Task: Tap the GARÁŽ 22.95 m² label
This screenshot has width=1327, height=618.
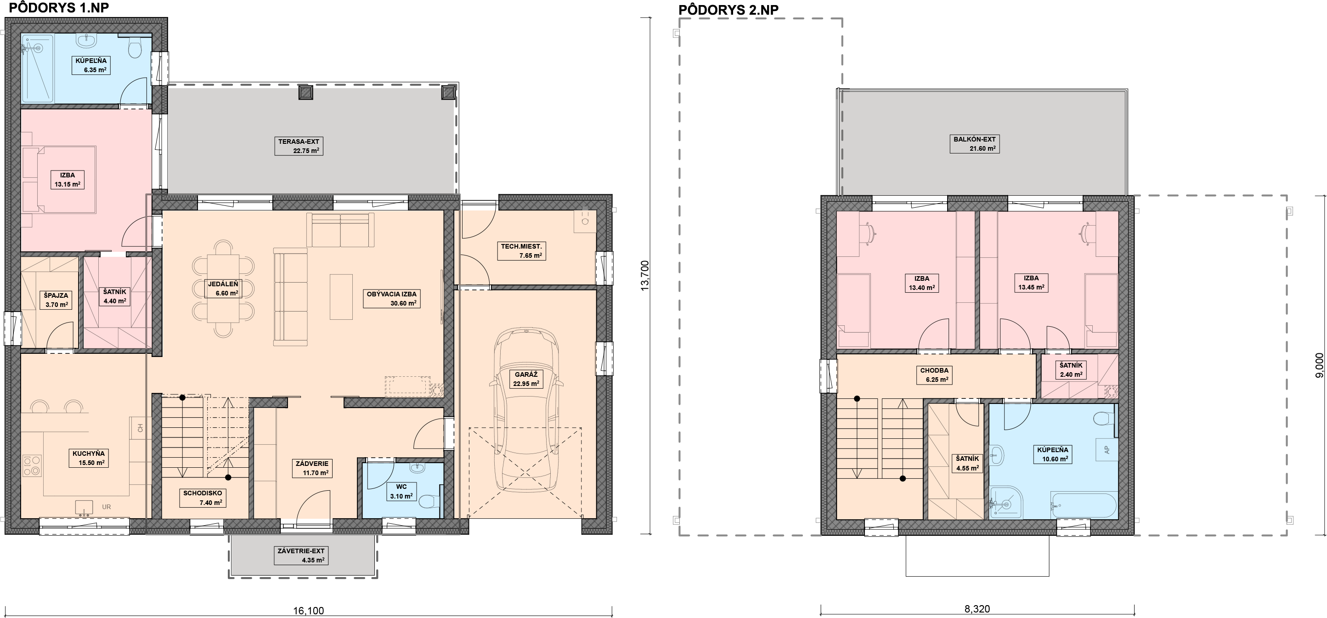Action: coord(526,379)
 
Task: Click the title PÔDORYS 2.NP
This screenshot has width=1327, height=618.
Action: coord(728,10)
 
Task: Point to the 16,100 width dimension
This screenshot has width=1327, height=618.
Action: coord(309,611)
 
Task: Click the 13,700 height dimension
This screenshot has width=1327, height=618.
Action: coord(645,276)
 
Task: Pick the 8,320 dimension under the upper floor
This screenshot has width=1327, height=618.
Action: coord(977,609)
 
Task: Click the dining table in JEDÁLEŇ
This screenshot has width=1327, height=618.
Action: coord(223,288)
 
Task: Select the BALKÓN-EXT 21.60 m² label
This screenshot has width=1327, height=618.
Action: coord(975,144)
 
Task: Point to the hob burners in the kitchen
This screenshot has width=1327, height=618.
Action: coord(32,465)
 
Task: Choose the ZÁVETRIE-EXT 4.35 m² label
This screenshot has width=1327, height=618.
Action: coord(301,556)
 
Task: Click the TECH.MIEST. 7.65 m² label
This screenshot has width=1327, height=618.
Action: coord(521,250)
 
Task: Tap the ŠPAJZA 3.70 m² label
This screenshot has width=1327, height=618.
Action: coord(56,300)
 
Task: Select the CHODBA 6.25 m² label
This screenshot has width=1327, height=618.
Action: coord(934,375)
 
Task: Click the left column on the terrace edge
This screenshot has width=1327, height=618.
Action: coord(306,92)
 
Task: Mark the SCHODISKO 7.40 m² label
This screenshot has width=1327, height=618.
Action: coord(203,498)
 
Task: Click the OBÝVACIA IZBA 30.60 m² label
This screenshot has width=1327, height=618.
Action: coord(391,299)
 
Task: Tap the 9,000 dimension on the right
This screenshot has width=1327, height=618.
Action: coord(1319,365)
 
